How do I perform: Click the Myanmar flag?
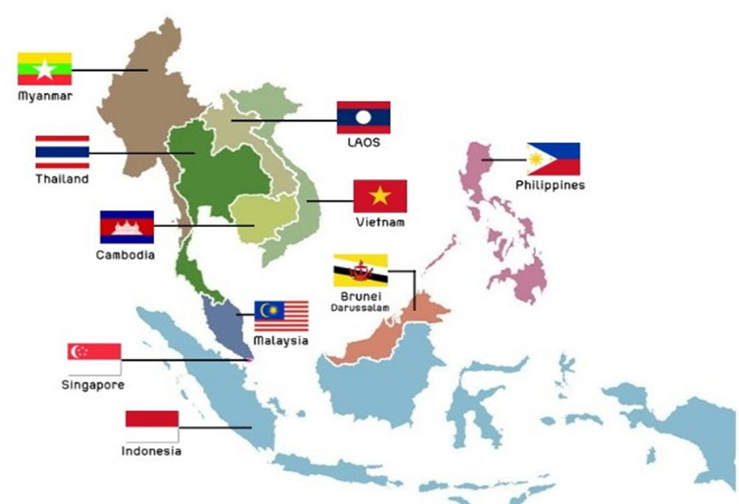click(44, 69)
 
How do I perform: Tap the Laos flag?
click(364, 117)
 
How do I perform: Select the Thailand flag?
click(62, 152)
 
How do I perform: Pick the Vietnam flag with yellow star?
click(380, 196)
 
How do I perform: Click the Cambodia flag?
click(127, 227)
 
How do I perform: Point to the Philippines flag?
click(553, 159)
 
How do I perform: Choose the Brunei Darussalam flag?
click(360, 270)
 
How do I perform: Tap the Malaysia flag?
click(281, 316)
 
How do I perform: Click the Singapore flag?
click(94, 359)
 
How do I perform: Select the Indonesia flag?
click(152, 426)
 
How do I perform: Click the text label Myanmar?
click(45, 96)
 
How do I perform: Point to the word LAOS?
click(364, 142)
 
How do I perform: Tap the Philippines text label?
click(550, 185)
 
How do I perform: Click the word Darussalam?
click(359, 307)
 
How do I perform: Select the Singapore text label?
click(93, 385)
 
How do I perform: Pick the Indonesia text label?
click(151, 451)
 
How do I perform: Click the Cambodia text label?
click(125, 255)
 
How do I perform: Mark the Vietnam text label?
click(379, 222)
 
